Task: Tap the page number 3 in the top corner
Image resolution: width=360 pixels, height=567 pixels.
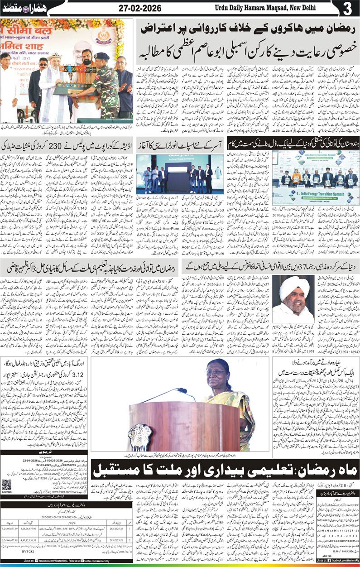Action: pyautogui.click(x=348, y=9)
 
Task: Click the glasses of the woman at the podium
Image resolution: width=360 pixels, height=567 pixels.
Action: pyautogui.click(x=215, y=372)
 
